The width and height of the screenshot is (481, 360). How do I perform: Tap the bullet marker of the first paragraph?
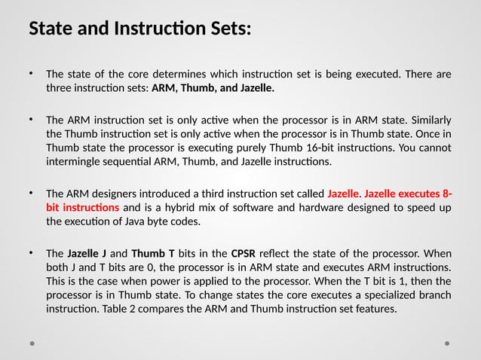(32, 74)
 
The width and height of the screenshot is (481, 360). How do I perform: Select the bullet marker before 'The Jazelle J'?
(32, 252)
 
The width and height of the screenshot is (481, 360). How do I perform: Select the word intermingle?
(77, 161)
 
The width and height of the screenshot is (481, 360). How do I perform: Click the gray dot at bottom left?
(32, 343)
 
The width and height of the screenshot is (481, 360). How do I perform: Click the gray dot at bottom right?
(447, 343)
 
